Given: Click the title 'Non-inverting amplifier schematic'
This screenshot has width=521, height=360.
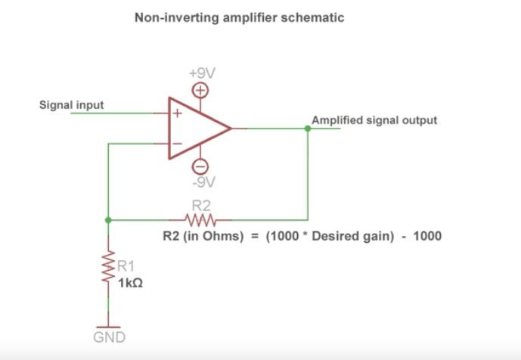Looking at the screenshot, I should [x=239, y=17].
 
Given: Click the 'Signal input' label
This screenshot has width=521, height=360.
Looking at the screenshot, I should [x=72, y=104].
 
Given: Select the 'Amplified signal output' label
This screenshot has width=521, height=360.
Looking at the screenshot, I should [x=374, y=120].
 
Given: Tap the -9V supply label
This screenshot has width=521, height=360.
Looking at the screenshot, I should [x=202, y=182].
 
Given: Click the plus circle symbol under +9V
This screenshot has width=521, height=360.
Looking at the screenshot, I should [x=202, y=90].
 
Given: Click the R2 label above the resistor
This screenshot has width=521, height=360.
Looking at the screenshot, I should [x=201, y=206].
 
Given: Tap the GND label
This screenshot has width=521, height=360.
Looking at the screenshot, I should [x=109, y=337].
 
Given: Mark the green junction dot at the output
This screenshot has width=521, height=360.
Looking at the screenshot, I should [x=307, y=129].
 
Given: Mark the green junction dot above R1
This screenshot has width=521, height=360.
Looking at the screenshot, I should [x=109, y=221].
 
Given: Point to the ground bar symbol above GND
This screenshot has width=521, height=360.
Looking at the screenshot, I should [x=109, y=324].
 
